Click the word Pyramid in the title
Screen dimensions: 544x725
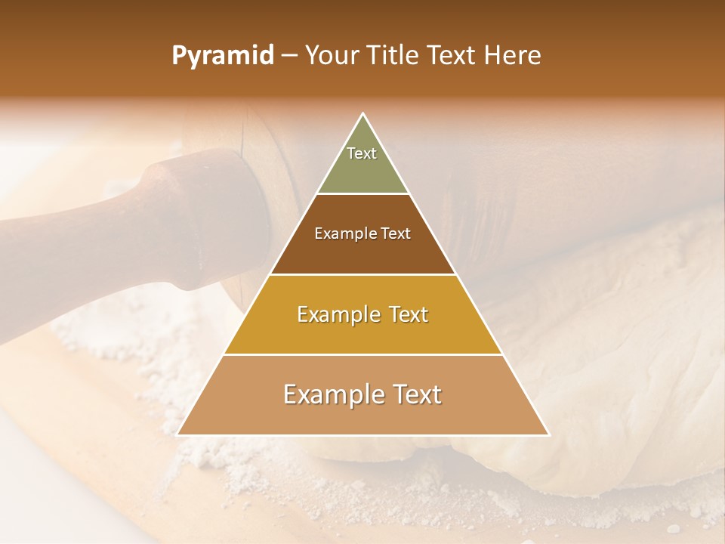(222, 56)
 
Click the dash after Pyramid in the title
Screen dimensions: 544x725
(289, 56)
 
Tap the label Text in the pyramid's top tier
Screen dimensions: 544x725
(362, 153)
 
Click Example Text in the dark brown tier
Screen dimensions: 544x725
(362, 233)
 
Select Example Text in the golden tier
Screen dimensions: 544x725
(362, 314)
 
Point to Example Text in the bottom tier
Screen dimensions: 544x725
(362, 394)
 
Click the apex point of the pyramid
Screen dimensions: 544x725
(363, 114)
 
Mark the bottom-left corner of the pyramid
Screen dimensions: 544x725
(178, 434)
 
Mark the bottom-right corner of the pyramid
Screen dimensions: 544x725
(548, 434)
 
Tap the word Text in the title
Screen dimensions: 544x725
(453, 56)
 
